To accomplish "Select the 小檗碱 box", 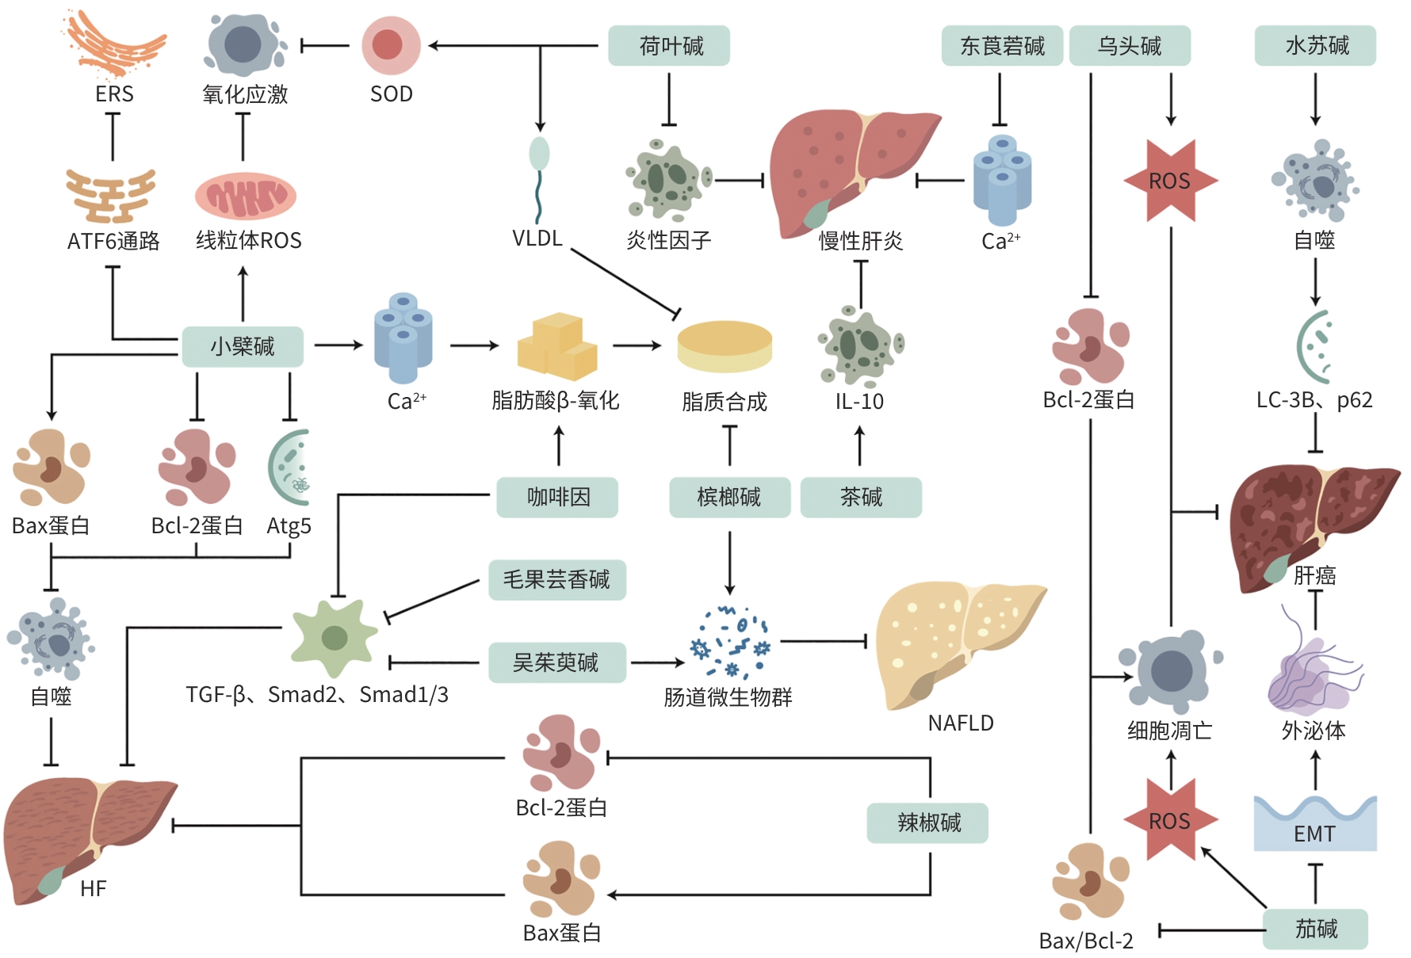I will pyautogui.click(x=243, y=346).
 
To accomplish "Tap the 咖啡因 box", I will pyautogui.click(x=557, y=498).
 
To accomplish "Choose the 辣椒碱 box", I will pyautogui.click(x=927, y=823).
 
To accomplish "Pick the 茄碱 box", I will pyautogui.click(x=1315, y=929).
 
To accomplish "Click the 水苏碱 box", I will pyautogui.click(x=1315, y=46).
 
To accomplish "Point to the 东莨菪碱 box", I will pyautogui.click(x=1002, y=46).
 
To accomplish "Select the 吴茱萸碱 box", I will pyautogui.click(x=556, y=662).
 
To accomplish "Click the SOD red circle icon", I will pyautogui.click(x=391, y=45).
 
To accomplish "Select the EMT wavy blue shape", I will pyautogui.click(x=1314, y=824).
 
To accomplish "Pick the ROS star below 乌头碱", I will pyautogui.click(x=1170, y=181).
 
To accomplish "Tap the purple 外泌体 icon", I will pyautogui.click(x=1312, y=674).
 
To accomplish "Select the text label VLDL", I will pyautogui.click(x=537, y=239).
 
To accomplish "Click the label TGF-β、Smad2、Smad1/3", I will pyautogui.click(x=317, y=695).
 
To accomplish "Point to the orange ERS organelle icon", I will pyautogui.click(x=115, y=44).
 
